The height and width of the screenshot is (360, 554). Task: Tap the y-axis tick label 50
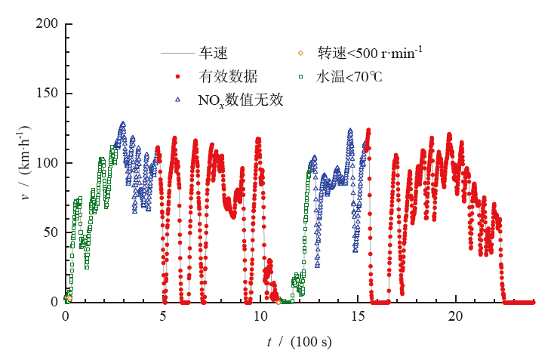[51, 232]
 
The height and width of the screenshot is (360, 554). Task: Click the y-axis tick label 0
[54, 302]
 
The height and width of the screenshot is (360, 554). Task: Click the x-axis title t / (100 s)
[300, 342]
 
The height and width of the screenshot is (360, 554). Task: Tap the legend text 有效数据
[228, 76]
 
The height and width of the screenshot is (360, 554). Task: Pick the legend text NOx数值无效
[240, 100]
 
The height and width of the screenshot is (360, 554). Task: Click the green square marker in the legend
[300, 76]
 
